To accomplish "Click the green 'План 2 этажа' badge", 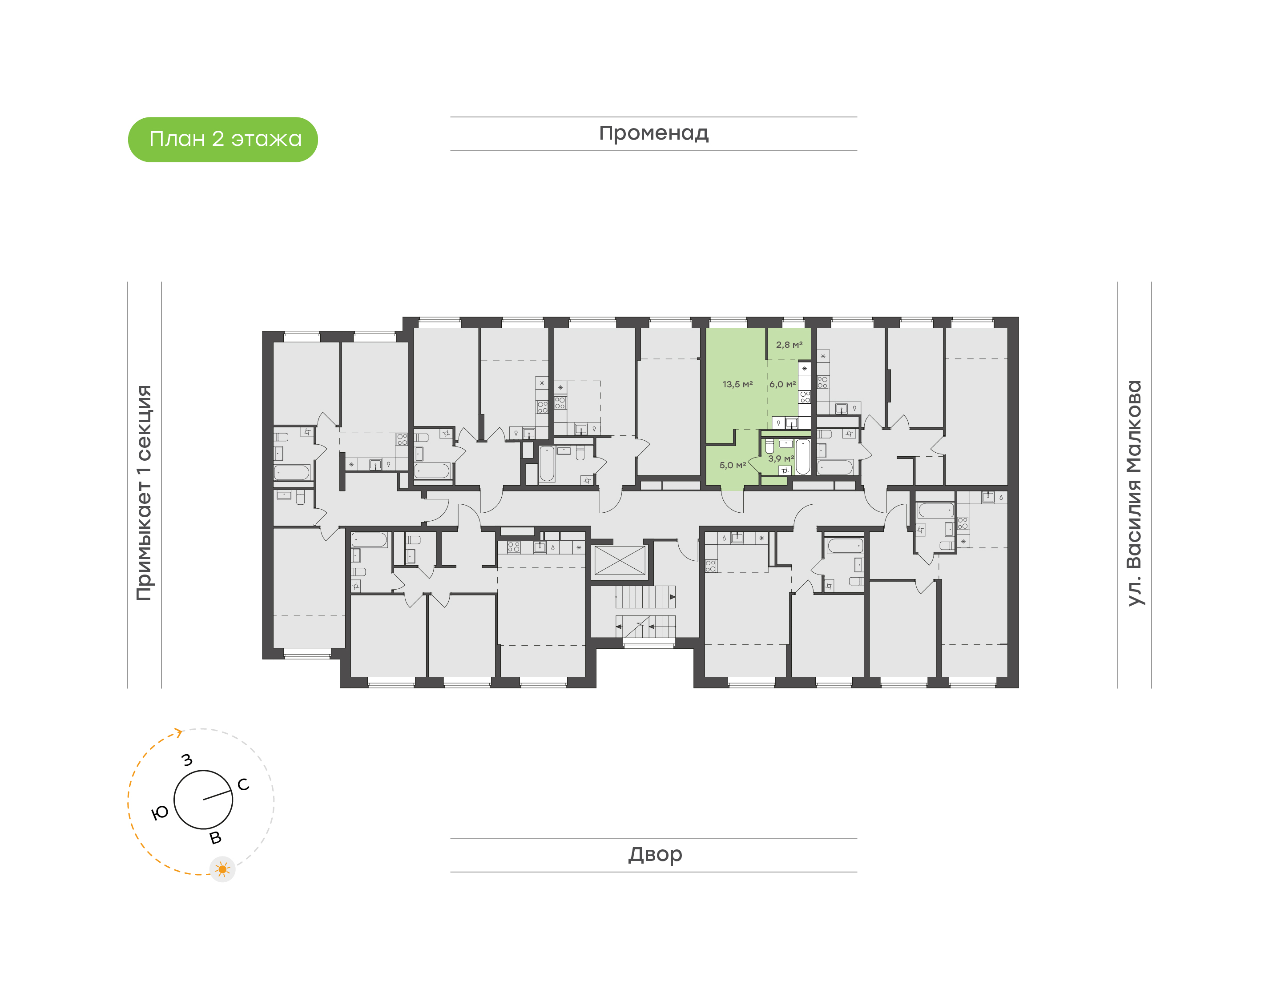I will tap(222, 140).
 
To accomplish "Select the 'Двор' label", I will tap(655, 854).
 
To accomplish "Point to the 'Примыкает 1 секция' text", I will tap(144, 493).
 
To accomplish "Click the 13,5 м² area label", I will tap(737, 384).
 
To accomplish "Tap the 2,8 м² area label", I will tap(789, 345).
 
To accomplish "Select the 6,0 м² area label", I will tap(782, 384).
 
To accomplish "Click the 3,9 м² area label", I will tap(780, 458).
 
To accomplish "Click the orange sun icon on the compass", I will tap(222, 869).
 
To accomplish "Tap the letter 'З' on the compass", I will tap(187, 760).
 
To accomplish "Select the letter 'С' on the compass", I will tap(243, 784).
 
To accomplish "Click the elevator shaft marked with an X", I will tap(620, 561).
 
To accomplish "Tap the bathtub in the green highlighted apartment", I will tap(802, 457).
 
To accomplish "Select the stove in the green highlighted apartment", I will tap(804, 397).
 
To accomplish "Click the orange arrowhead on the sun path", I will tap(178, 732).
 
